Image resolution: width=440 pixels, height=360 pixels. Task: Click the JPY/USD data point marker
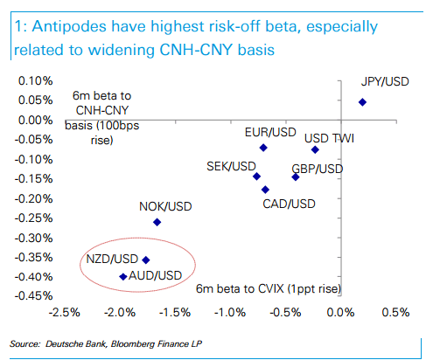[x=362, y=102]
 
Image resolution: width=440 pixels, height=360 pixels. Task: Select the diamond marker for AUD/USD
[x=122, y=276]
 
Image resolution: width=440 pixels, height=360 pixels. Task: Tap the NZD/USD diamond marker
[x=146, y=260]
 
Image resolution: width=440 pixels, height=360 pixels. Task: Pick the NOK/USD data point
[x=157, y=222]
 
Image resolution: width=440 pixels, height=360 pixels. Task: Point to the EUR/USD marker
[x=262, y=148]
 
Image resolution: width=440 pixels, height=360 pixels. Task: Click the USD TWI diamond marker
[x=315, y=149]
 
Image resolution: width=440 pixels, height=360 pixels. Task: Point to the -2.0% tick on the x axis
[x=118, y=312]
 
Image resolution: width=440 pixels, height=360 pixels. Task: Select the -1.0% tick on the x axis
[x=228, y=312]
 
